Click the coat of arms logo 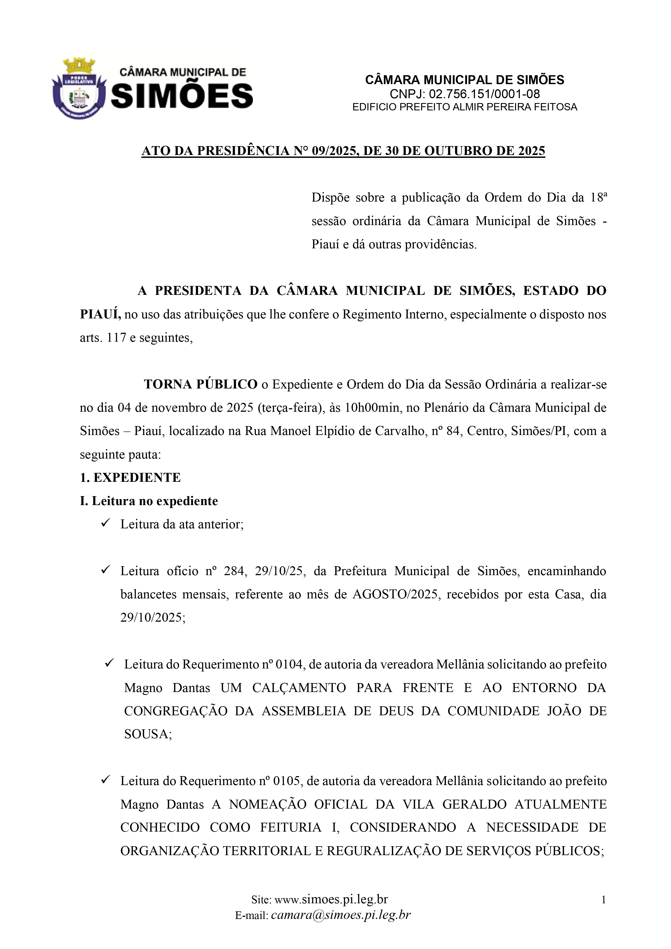(79, 88)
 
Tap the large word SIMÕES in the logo (182, 95)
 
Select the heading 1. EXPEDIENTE (130, 478)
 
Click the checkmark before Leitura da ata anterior (105, 523)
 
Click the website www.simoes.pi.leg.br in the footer (331, 900)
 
